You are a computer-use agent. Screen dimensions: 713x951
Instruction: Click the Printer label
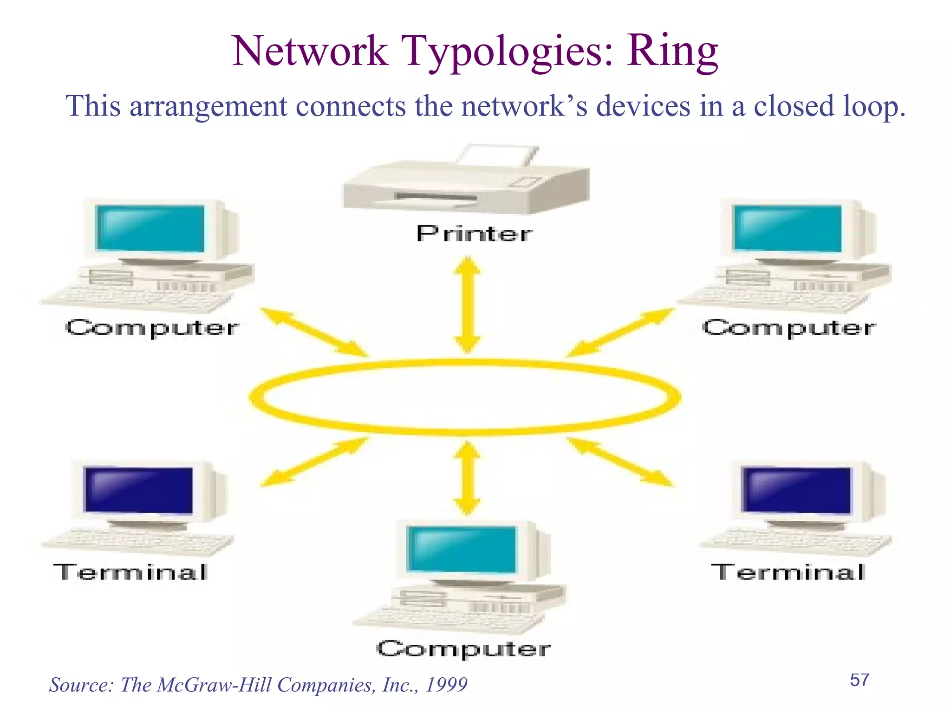tap(474, 233)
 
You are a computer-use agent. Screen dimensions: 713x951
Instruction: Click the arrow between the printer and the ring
tap(467, 305)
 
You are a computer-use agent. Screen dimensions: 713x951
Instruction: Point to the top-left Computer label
tap(152, 328)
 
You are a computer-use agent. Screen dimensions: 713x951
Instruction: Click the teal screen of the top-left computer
tap(150, 228)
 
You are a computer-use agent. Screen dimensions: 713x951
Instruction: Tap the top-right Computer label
tap(789, 328)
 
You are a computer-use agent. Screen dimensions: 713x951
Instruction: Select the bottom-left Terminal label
tap(130, 572)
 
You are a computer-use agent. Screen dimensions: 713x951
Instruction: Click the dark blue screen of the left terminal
tap(139, 490)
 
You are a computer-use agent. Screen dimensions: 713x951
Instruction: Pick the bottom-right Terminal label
tap(788, 572)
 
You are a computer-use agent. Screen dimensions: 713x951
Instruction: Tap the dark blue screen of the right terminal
tap(797, 490)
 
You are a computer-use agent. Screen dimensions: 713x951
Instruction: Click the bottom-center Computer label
tap(463, 649)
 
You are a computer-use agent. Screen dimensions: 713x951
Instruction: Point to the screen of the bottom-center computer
tap(462, 549)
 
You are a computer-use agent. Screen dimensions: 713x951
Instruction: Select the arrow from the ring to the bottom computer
tap(467, 478)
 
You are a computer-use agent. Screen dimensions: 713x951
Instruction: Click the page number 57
tap(860, 680)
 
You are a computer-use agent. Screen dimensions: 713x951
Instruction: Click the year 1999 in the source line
tap(446, 685)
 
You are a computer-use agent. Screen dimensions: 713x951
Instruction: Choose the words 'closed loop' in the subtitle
tap(829, 106)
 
